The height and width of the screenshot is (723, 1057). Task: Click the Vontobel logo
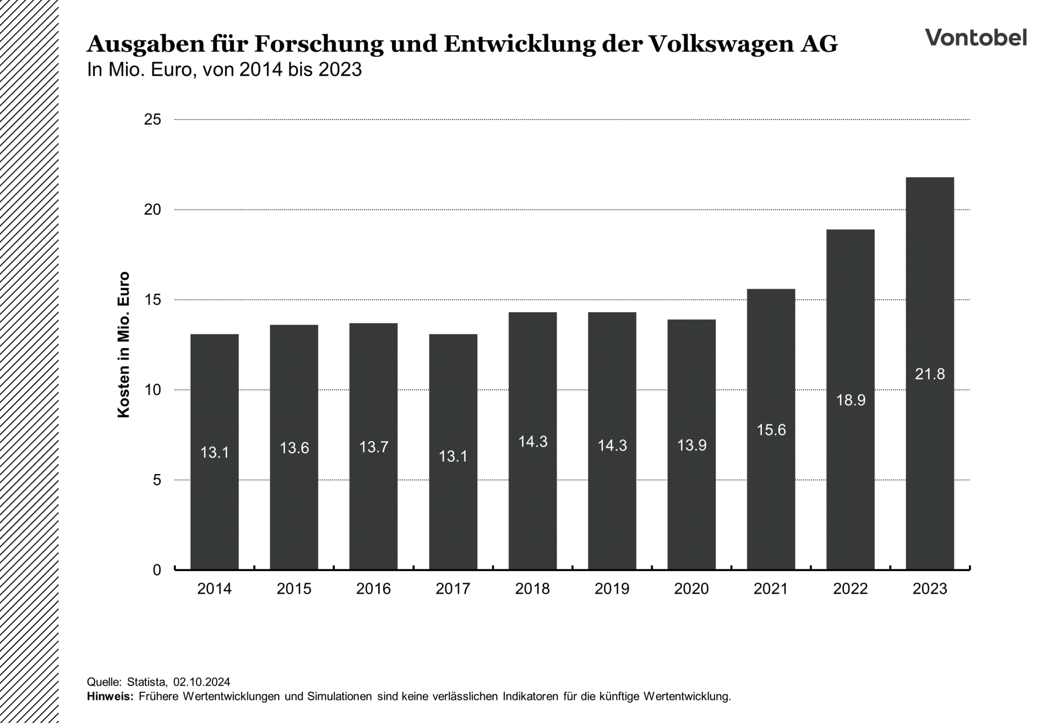pos(976,37)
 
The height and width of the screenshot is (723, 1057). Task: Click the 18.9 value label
pos(851,400)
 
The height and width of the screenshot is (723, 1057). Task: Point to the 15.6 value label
pos(771,430)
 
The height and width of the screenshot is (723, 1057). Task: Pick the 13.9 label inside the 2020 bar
pos(691,445)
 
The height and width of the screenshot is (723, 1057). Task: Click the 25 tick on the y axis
pos(152,119)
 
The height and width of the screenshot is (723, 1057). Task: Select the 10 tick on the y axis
pos(152,390)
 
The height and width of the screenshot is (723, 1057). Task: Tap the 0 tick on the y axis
pos(157,570)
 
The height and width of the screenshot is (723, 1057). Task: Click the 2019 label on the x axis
pos(612,589)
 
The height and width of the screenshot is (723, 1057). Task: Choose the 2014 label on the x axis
pos(214,589)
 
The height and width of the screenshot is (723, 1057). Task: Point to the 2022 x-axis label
pos(850,589)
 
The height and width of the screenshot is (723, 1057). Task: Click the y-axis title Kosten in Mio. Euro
pos(124,345)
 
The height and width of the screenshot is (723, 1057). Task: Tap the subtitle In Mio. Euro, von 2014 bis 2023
pos(224,70)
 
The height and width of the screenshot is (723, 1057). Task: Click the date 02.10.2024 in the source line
pos(201,682)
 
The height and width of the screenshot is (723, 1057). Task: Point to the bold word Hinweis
pos(110,696)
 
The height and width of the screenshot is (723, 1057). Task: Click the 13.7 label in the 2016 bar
pos(373,447)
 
